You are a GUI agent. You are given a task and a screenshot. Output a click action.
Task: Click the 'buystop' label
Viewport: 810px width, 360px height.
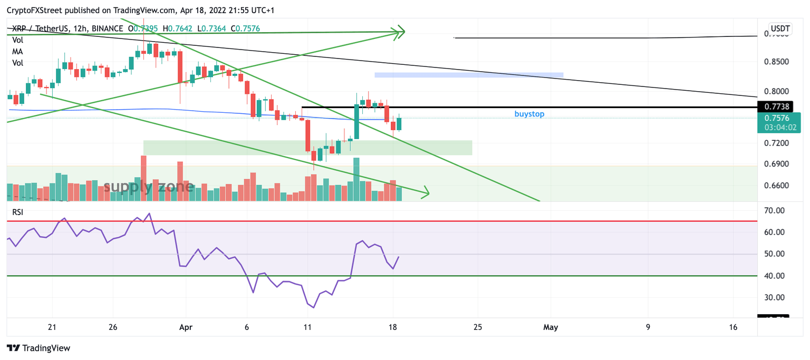click(529, 114)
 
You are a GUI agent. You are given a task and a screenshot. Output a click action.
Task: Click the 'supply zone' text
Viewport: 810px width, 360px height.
click(149, 187)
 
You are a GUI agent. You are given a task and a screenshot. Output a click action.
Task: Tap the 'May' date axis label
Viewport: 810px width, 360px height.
click(550, 327)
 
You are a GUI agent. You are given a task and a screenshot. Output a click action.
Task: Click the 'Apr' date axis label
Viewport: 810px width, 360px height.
click(185, 327)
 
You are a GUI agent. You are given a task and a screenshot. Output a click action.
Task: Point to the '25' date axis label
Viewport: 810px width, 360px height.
click(477, 327)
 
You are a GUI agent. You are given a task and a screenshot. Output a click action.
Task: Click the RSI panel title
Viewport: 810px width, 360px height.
click(18, 212)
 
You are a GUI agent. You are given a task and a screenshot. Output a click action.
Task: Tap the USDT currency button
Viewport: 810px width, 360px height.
click(780, 28)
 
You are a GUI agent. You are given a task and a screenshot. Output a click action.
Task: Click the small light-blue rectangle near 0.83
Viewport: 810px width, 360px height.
click(469, 75)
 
